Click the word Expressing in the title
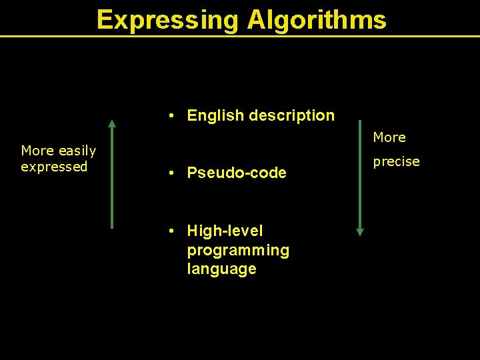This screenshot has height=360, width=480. pos(169,19)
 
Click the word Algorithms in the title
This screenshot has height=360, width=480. pos(317,19)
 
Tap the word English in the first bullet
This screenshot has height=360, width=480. pos(215,115)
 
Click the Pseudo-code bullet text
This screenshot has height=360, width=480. pos(237,173)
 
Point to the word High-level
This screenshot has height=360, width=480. pos(225,231)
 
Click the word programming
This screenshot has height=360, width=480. pos(238,250)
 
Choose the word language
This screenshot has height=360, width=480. pos(221,269)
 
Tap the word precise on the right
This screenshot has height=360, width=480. pos(396,161)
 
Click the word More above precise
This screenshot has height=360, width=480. pos(389,137)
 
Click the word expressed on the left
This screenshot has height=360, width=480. pos(54,167)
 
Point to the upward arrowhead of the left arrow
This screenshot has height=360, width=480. pos(112,123)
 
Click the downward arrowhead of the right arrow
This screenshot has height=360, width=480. pos(360,231)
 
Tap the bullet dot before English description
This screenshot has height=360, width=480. pos(172,116)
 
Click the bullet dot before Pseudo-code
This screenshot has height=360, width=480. pos(172,174)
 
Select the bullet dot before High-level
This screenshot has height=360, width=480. pos(172,231)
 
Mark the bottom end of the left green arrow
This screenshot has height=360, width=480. pos(112,227)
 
